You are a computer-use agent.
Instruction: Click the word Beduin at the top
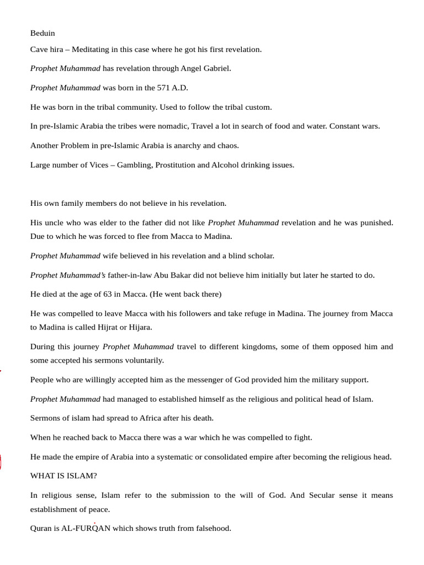tap(43, 33)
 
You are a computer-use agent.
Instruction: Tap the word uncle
tap(55, 223)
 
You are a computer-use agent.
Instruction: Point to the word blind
tap(235, 256)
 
